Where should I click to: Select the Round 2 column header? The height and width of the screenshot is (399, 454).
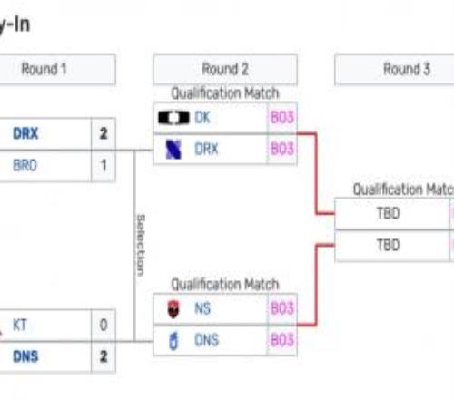(225, 70)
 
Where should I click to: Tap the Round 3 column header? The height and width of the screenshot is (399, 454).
(406, 70)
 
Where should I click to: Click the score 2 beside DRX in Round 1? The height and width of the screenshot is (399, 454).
(104, 134)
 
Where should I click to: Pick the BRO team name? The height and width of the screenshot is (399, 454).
(25, 166)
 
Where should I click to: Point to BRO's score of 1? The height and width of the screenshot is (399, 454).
(104, 166)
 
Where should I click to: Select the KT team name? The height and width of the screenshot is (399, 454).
(20, 324)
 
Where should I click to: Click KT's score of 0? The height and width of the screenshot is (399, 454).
(104, 324)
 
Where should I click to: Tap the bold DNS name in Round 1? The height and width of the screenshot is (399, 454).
(25, 356)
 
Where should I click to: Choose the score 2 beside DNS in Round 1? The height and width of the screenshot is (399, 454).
(104, 356)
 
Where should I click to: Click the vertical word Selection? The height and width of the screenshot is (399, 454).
(140, 245)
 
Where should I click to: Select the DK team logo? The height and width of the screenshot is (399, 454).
(173, 118)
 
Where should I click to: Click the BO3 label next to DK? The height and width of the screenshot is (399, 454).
(281, 118)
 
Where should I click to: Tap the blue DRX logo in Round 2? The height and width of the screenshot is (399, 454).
(173, 150)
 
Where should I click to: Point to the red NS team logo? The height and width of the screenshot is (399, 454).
(173, 309)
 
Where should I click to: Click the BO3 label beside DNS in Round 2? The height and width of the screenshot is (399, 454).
(281, 341)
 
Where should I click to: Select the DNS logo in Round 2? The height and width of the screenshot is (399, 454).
(173, 341)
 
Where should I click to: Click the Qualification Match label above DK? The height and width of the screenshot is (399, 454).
(225, 93)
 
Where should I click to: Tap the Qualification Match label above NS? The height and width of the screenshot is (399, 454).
(225, 285)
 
